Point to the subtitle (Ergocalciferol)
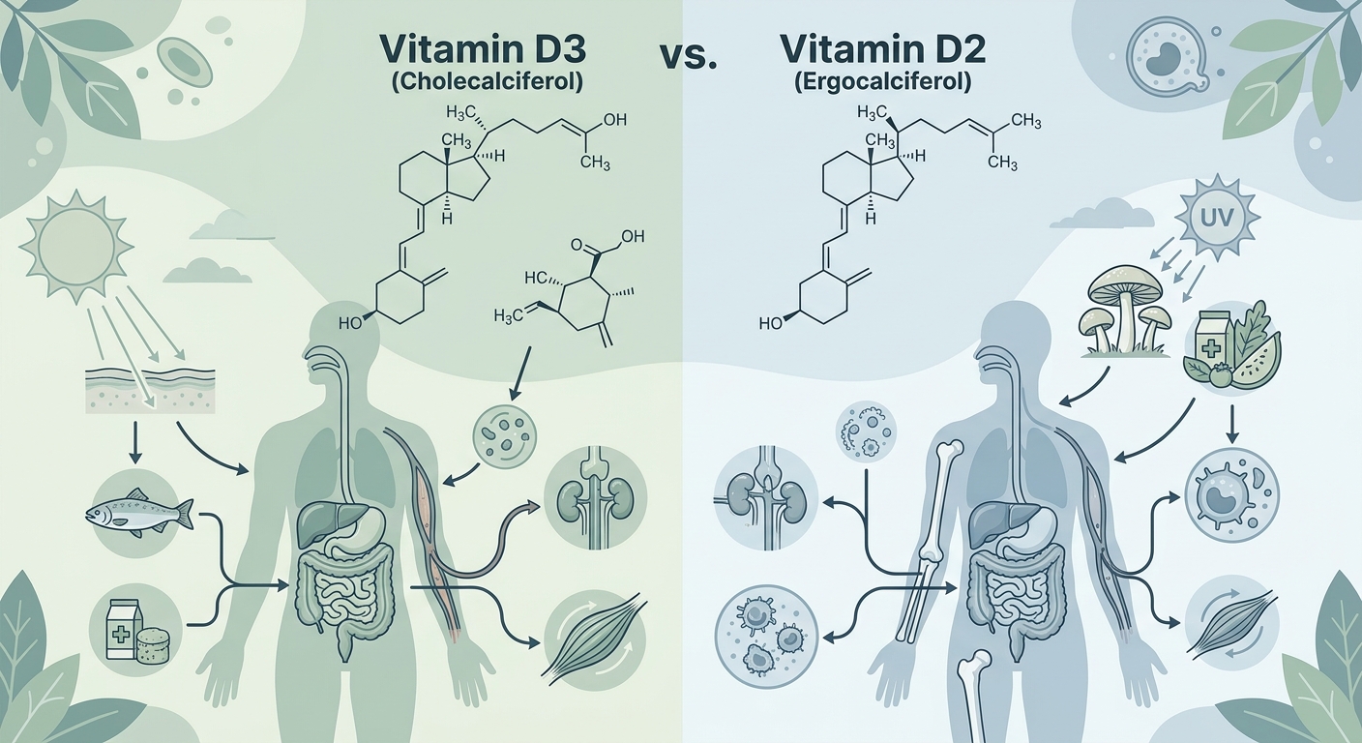pos(881,82)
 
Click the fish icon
pos(139,514)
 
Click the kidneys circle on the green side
pos(595,498)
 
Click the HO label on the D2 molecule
pos(771,323)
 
